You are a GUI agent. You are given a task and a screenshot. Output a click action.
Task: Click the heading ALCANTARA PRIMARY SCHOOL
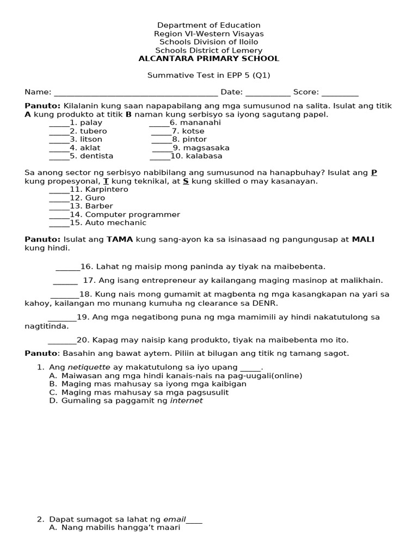[208, 59]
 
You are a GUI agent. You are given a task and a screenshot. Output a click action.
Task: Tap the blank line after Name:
[136, 93]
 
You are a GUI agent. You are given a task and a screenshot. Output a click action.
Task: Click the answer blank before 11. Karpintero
[59, 190]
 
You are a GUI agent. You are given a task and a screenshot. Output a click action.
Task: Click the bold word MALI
[363, 239]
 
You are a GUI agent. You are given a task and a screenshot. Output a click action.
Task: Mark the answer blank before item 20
[62, 341]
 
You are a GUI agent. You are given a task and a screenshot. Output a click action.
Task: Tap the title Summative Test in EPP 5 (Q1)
[208, 76]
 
